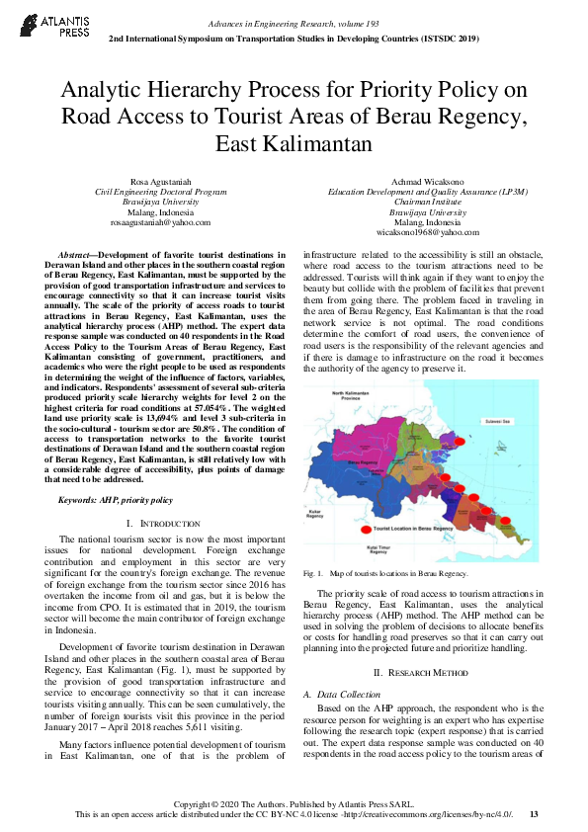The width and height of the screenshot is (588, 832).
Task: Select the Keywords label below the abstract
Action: pos(77,500)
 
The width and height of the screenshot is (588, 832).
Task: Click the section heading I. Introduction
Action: pos(160,522)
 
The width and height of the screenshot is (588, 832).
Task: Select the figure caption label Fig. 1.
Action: pos(310,573)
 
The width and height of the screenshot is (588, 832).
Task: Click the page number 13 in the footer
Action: pos(534,813)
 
